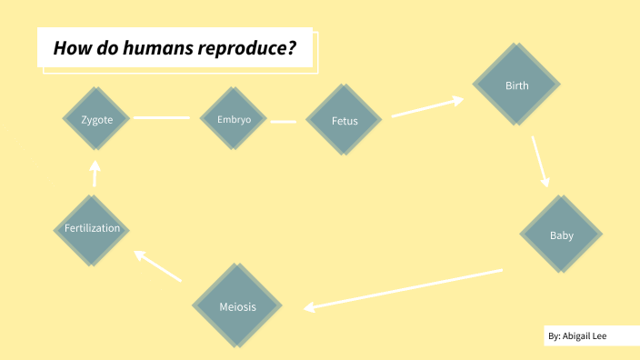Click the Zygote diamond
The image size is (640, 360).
(96, 119)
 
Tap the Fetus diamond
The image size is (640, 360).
(345, 121)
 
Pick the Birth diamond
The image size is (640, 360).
(515, 86)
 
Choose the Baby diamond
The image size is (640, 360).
(561, 235)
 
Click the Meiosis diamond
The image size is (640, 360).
(237, 306)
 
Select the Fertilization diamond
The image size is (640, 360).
(93, 228)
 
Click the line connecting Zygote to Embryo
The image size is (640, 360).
(162, 118)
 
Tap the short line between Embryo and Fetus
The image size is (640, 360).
(284, 120)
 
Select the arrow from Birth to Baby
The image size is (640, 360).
(541, 162)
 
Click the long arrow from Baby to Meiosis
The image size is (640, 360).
(404, 288)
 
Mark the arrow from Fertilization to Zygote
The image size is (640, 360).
(95, 174)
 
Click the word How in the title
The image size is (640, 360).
(69, 48)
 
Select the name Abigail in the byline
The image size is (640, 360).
(581, 336)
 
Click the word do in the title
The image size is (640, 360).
(98, 48)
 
